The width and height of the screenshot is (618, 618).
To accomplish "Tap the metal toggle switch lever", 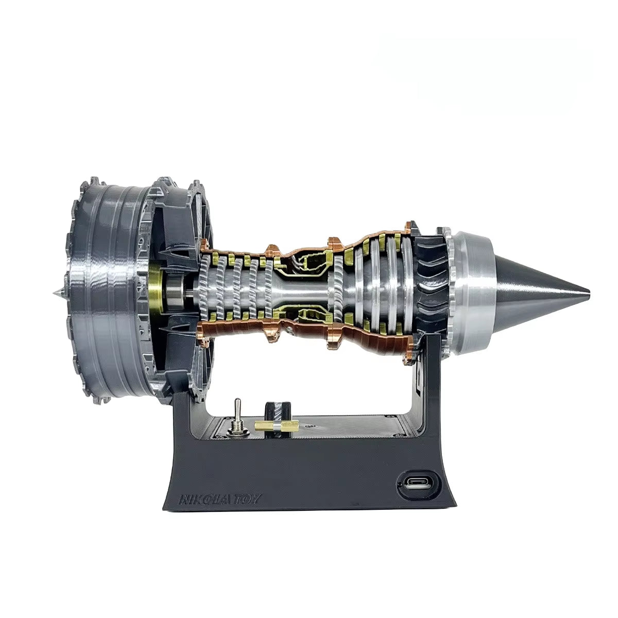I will click(x=238, y=407).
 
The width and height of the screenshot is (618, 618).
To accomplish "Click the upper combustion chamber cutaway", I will click(x=304, y=262).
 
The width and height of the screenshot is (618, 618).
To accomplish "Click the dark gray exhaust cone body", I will click(x=530, y=291).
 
